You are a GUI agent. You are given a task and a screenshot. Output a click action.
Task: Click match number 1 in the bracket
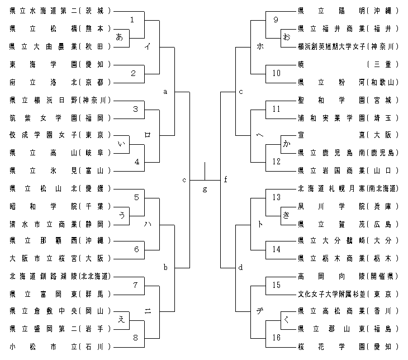click(x=132, y=20)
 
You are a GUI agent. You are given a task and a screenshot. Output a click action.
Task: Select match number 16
click(x=276, y=337)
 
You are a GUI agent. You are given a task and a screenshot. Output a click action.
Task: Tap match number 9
click(x=276, y=20)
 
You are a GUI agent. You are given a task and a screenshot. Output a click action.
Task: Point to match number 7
click(x=135, y=285)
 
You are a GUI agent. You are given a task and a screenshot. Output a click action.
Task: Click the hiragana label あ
click(x=119, y=37)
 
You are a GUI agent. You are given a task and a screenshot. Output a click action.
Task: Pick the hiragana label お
click(x=287, y=37)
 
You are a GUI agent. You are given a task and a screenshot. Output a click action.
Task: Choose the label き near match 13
click(x=287, y=215)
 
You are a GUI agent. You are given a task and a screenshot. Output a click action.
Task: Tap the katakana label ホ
click(x=259, y=46)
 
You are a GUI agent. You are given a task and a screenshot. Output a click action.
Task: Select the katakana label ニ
click(x=147, y=311)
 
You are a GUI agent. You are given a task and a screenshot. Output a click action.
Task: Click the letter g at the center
click(x=205, y=189)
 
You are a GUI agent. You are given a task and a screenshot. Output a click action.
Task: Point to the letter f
click(x=225, y=179)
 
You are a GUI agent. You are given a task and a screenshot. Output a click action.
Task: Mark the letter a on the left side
click(x=165, y=91)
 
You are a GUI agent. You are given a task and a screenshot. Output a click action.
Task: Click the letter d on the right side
click(x=240, y=267)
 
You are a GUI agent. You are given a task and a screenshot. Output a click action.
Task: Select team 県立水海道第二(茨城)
click(x=61, y=11)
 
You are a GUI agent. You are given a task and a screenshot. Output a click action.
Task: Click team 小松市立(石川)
click(x=61, y=347)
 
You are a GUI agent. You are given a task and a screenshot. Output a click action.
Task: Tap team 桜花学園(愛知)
click(x=348, y=347)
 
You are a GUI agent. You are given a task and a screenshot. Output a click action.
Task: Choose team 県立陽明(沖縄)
click(x=348, y=11)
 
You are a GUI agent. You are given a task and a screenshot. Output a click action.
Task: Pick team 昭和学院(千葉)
click(x=61, y=206)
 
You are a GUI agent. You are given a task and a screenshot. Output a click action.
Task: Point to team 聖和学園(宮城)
click(x=348, y=100)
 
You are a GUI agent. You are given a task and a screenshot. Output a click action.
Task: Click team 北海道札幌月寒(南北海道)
click(x=348, y=188)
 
